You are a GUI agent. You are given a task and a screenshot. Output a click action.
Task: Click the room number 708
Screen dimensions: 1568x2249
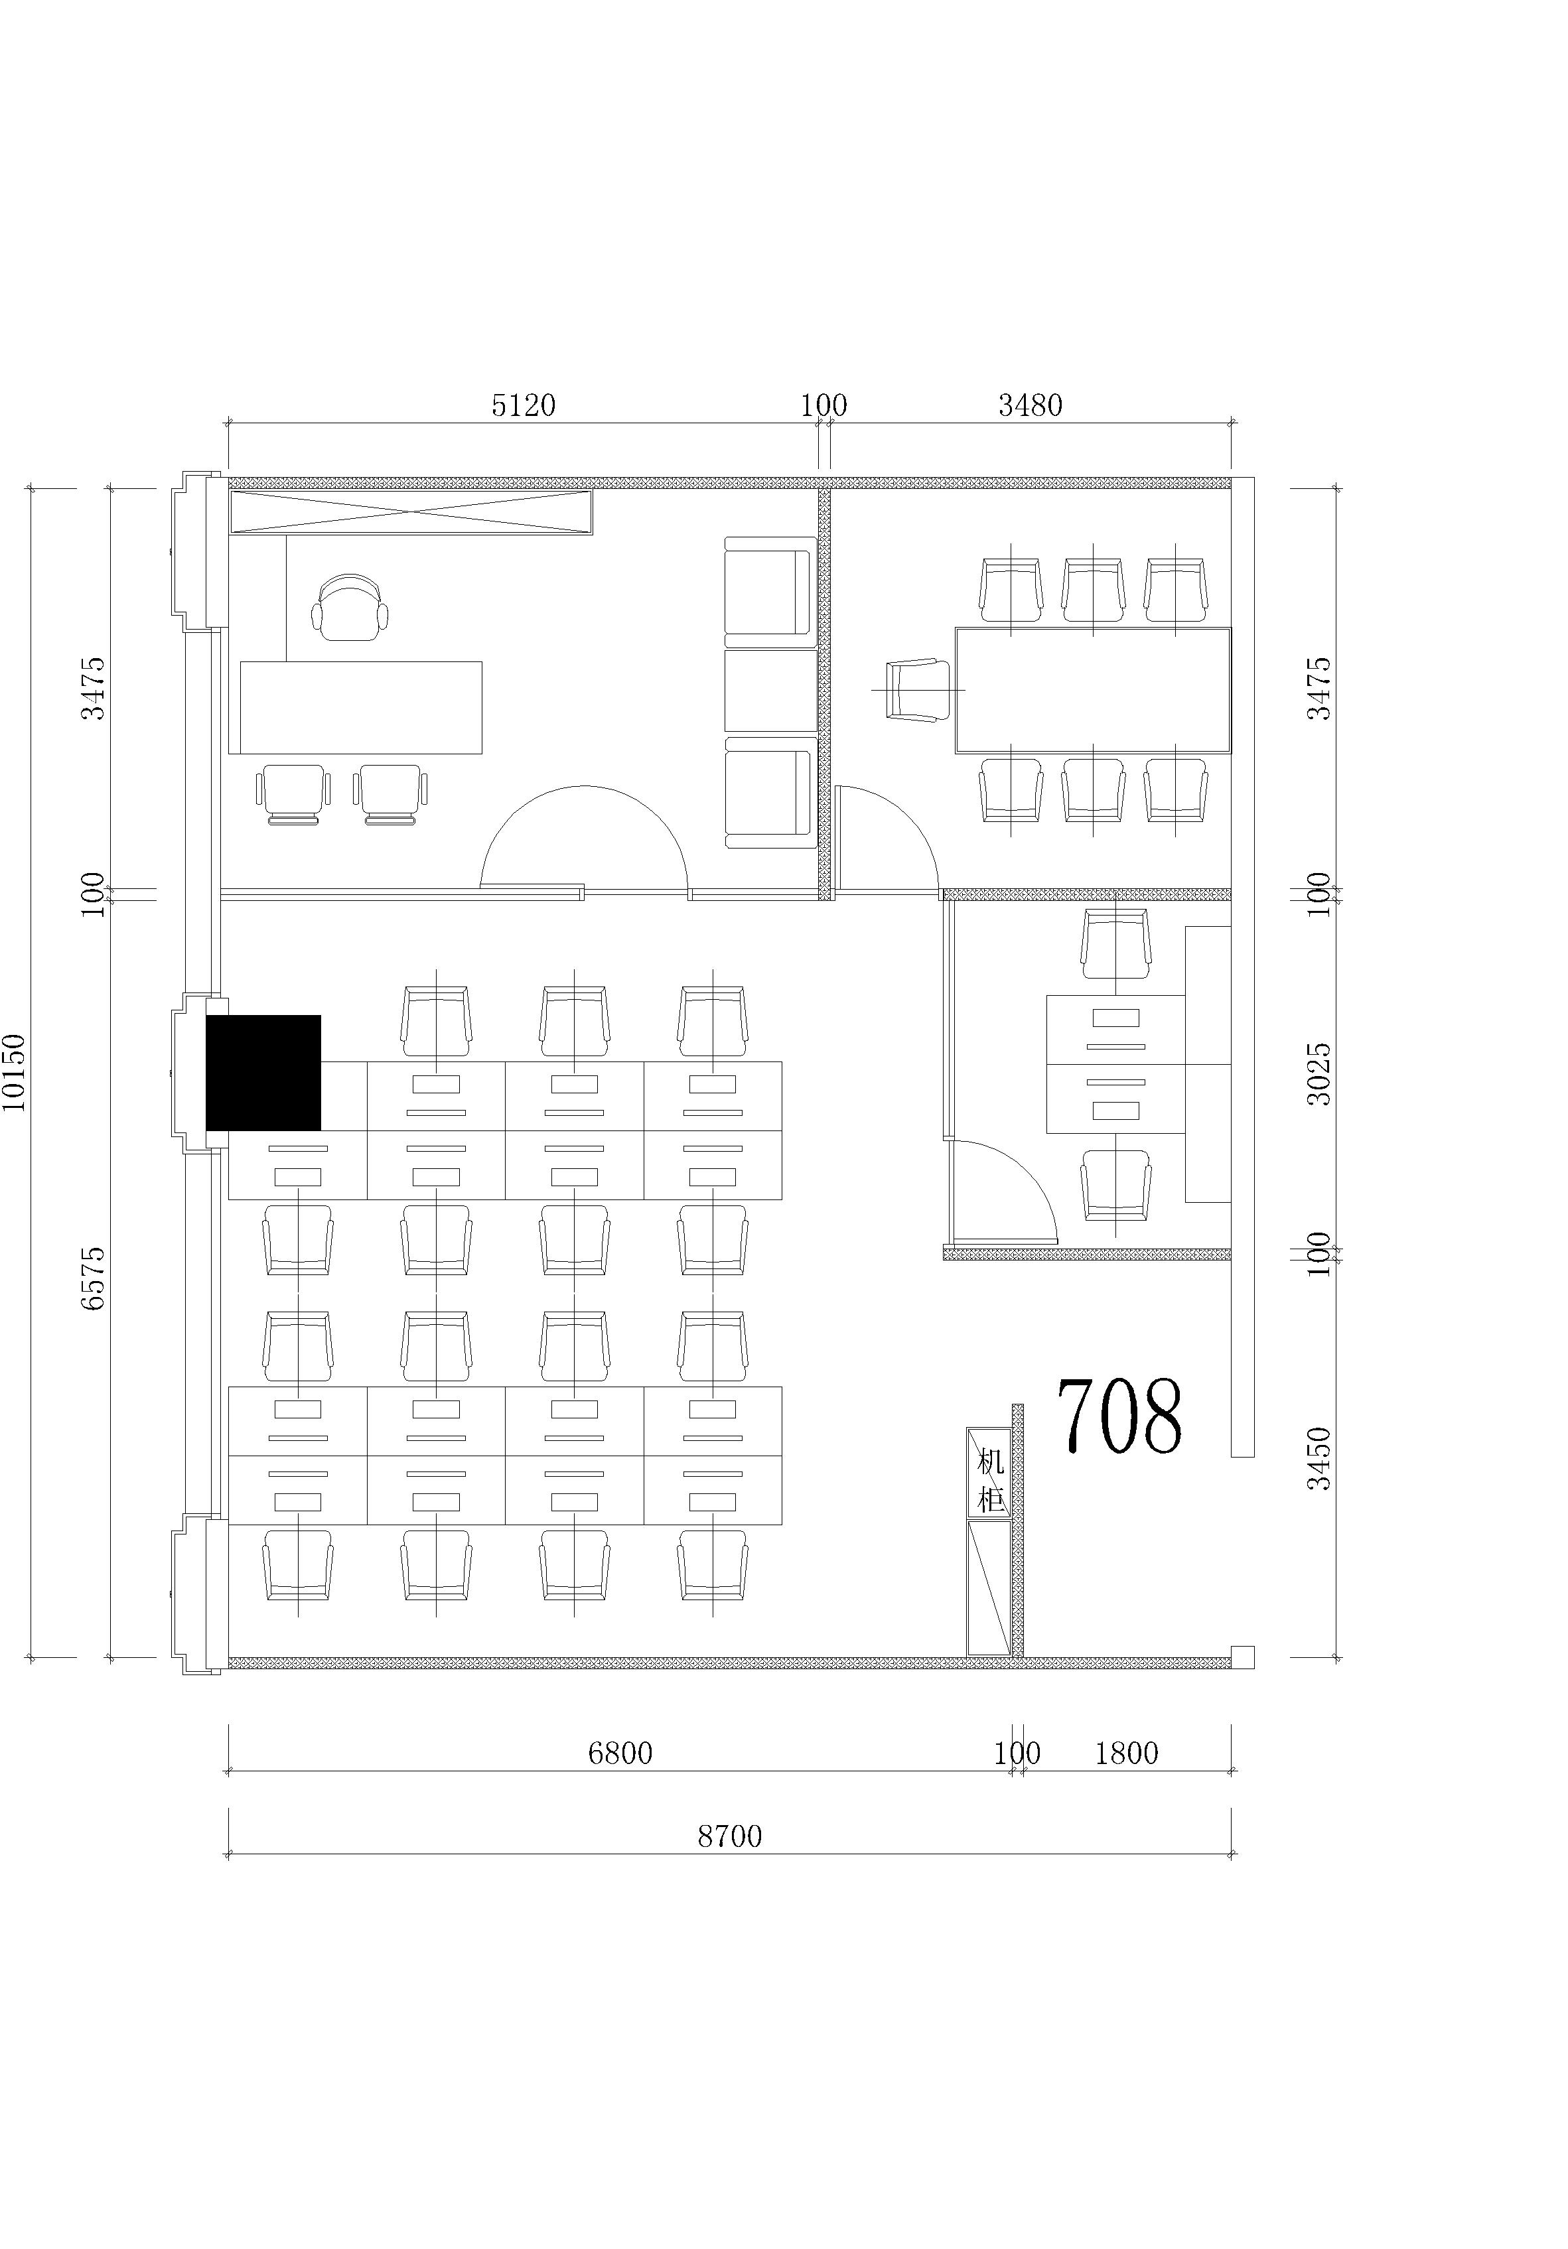(x=1119, y=1416)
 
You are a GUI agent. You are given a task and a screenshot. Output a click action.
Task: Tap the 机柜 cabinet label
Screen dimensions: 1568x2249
(x=991, y=1481)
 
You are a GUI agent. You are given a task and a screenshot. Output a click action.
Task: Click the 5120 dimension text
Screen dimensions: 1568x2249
(x=524, y=405)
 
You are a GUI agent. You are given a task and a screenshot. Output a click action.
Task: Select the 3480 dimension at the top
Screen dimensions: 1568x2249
(x=1030, y=405)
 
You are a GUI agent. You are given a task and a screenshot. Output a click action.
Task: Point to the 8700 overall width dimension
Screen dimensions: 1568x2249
(x=729, y=1836)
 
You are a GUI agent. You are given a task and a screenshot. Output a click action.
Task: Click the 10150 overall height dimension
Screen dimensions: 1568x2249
(x=15, y=1073)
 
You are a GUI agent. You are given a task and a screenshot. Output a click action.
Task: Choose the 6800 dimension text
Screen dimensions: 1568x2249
(x=619, y=1753)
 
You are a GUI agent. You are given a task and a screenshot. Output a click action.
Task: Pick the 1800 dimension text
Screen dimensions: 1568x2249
(x=1126, y=1753)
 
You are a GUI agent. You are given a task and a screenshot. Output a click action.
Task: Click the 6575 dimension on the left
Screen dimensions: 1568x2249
(x=92, y=1278)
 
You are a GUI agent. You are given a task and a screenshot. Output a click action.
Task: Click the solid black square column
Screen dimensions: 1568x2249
(x=263, y=1073)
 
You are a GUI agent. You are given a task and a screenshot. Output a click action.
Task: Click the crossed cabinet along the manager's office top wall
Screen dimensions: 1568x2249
(x=411, y=512)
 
